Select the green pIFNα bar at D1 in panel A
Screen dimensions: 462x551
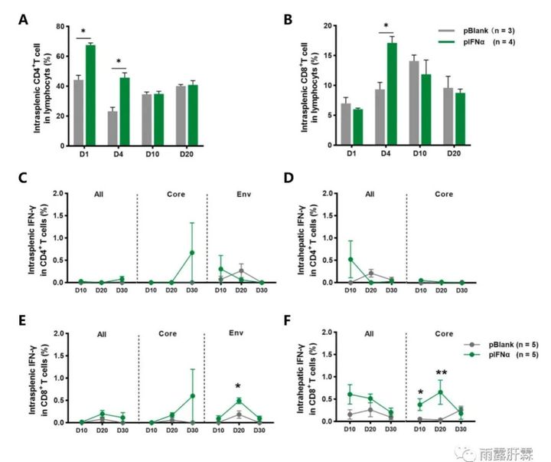(90, 95)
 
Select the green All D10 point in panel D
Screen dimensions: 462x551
(350, 259)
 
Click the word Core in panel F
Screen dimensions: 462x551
(443, 335)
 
